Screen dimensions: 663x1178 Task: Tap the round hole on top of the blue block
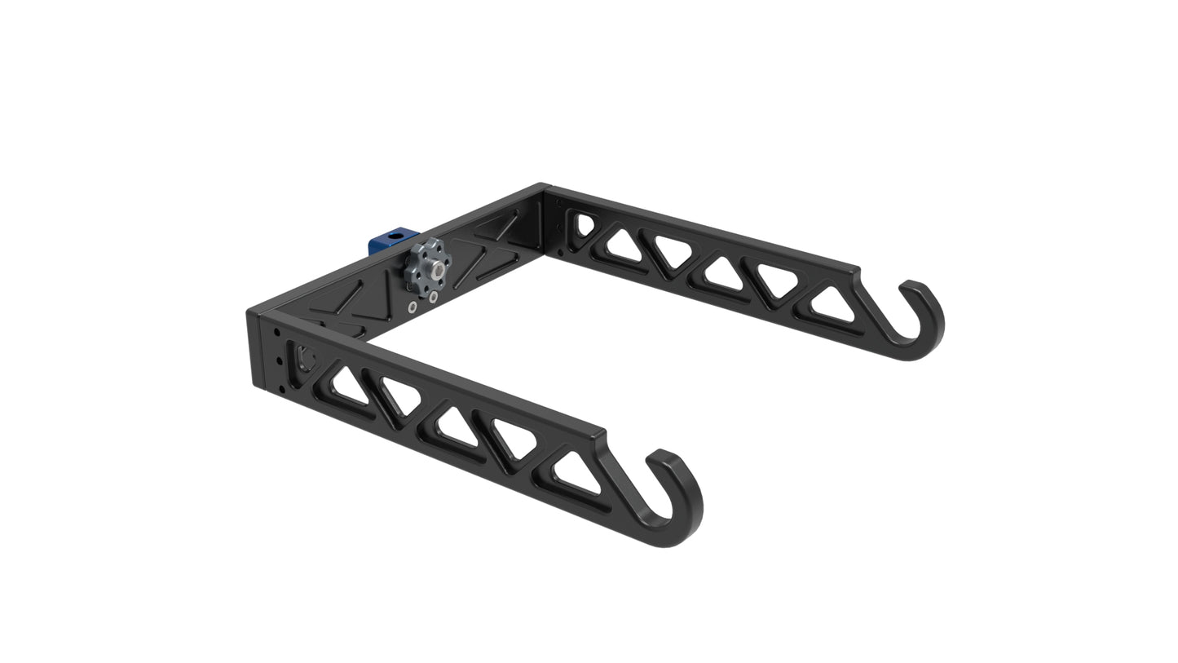pos(396,236)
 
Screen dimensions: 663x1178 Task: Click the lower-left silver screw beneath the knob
pos(413,307)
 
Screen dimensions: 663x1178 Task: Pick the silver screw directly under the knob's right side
pos(433,297)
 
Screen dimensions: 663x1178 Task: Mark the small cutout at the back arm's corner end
pos(585,224)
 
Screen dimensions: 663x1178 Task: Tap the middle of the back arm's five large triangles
pos(724,274)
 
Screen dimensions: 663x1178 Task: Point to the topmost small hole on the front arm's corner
pos(277,333)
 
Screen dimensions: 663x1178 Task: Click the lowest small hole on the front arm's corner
pos(282,389)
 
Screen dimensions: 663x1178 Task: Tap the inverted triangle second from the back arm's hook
pos(778,280)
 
